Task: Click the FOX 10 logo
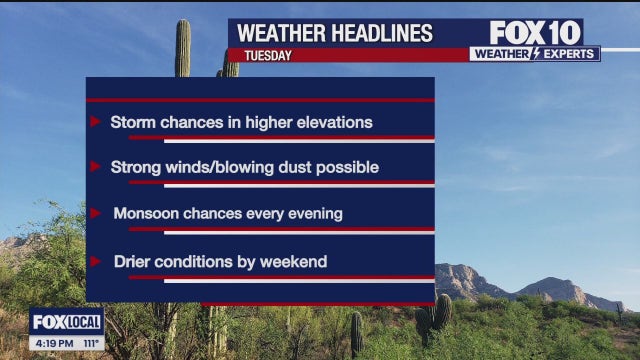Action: click(535, 32)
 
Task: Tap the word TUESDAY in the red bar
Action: click(263, 56)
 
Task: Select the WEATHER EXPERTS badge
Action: click(535, 54)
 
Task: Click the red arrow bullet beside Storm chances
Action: click(95, 122)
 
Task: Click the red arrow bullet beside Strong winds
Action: click(95, 167)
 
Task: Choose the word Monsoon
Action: click(146, 213)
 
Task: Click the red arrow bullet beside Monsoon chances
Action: click(95, 213)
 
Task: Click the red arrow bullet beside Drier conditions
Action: click(95, 261)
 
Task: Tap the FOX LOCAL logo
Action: click(66, 322)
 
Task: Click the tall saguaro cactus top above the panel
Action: click(183, 45)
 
